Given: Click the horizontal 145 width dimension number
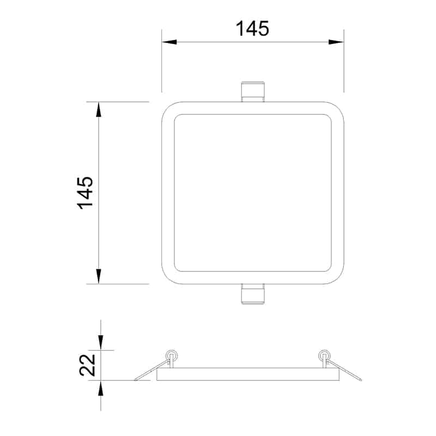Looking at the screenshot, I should pos(252,28).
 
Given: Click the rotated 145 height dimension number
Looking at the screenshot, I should pos(86,192).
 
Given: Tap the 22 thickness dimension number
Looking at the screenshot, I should pos(88,365).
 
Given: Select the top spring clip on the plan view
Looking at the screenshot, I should pos(252,92).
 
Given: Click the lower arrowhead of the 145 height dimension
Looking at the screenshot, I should pos(99,276).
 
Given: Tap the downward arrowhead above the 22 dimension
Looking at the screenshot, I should pos(101,343).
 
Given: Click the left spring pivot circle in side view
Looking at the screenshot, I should pos(172,355).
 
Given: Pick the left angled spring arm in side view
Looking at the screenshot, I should pos(150,372).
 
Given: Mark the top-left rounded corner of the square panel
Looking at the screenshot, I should pos(168,108).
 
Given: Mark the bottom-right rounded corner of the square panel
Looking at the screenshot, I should pos(337,277).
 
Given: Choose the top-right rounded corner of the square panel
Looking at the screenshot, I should pos(337,108).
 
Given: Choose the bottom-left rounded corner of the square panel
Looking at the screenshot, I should pos(168,277).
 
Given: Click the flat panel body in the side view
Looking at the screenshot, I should pos(248,374).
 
